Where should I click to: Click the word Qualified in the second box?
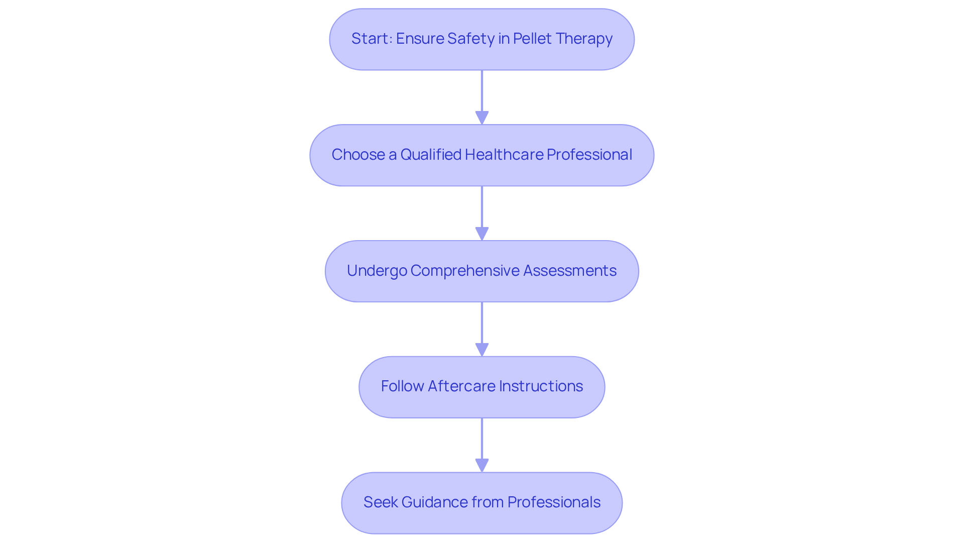pos(431,155)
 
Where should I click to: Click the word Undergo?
pos(377,271)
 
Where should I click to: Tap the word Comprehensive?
pos(465,271)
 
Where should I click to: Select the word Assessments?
pos(569,271)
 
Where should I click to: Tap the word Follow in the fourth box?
pos(402,386)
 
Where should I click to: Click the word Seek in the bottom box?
pos(380,502)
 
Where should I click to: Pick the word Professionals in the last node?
pos(554,502)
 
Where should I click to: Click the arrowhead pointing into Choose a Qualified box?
pos(482,118)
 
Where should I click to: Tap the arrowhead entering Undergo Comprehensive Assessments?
pos(482,234)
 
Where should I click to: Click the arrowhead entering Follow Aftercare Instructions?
pos(482,350)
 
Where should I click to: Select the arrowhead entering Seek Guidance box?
pos(482,466)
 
